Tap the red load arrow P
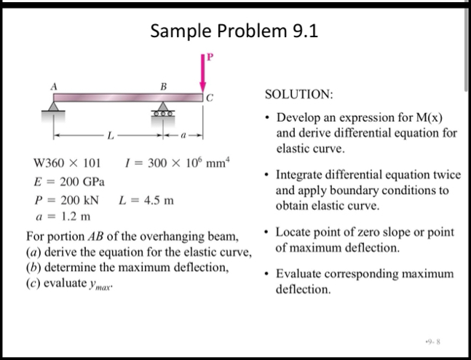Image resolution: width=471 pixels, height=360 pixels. coord(204,73)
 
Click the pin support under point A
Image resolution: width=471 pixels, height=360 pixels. coord(53,108)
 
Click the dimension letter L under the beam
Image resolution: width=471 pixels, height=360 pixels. coord(110,136)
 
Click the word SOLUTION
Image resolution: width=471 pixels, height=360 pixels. coord(298,95)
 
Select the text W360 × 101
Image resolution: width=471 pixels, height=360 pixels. coord(68,162)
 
